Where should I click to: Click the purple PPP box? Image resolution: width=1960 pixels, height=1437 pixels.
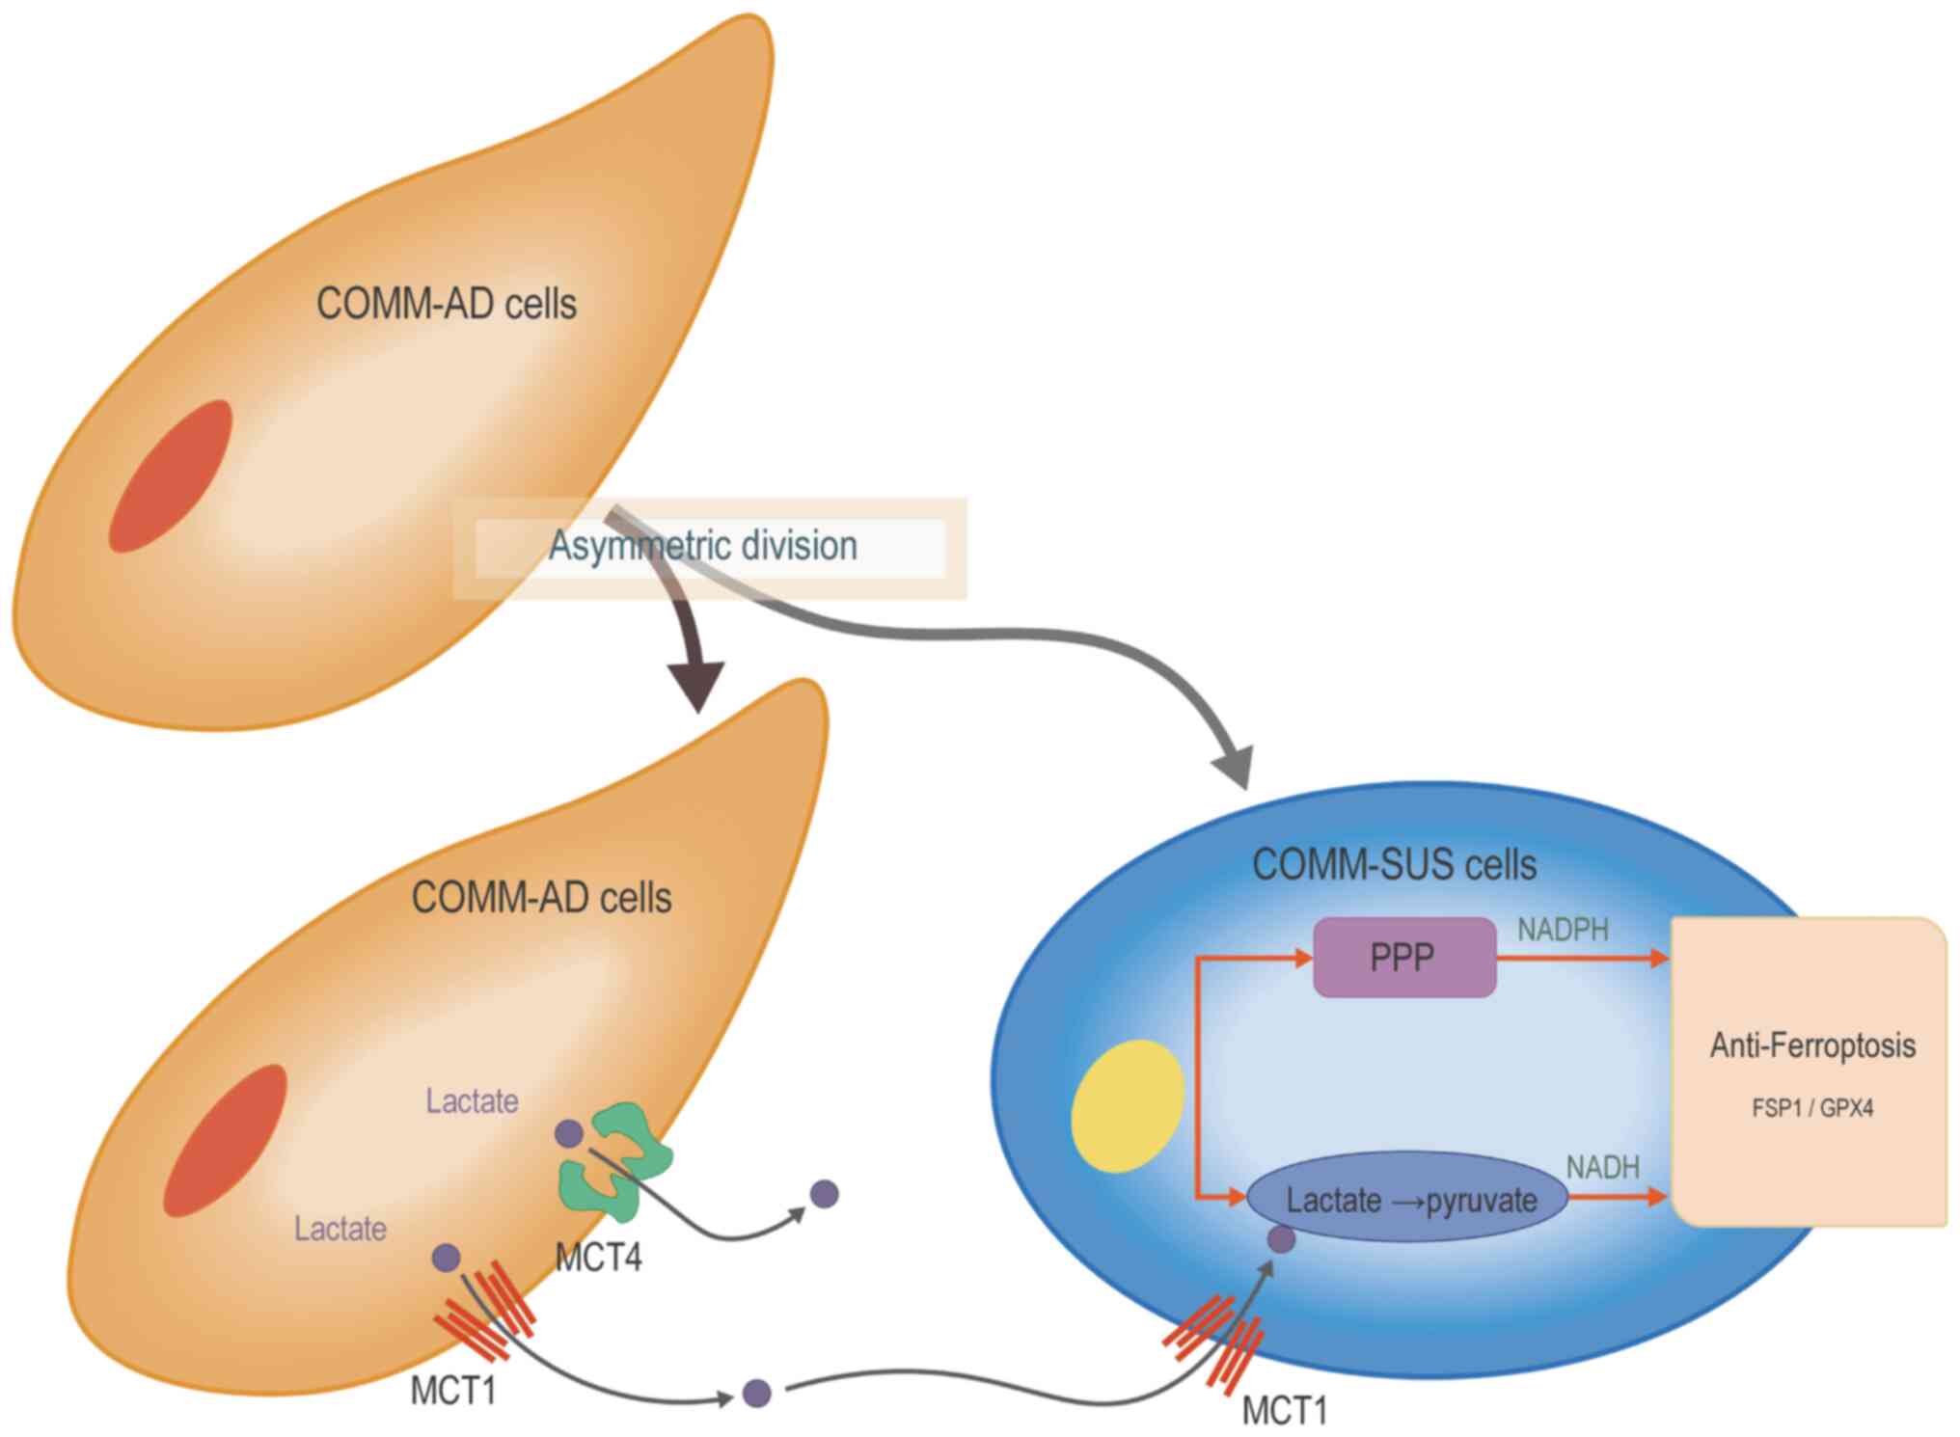(1403, 957)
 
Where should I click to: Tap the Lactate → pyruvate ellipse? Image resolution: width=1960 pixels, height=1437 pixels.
(1408, 1199)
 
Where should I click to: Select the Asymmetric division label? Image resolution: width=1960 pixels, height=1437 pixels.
(703, 546)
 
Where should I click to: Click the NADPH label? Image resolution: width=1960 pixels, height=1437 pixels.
(1563, 930)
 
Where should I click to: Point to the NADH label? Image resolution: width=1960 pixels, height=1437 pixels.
(1602, 1167)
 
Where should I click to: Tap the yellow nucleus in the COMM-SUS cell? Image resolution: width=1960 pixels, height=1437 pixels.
(1128, 1105)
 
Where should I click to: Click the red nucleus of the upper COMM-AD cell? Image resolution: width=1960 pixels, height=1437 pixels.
(171, 476)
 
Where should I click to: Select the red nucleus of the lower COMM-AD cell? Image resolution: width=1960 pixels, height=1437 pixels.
(225, 1140)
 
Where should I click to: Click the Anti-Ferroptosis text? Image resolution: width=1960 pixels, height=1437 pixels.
(1812, 1045)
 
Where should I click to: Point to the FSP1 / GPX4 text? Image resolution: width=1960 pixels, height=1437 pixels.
(1812, 1108)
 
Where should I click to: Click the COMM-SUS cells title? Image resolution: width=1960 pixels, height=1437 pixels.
(1394, 864)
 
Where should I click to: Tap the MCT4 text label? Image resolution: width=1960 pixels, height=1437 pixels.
(598, 1257)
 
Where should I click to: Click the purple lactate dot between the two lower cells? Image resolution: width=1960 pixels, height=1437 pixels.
(757, 1393)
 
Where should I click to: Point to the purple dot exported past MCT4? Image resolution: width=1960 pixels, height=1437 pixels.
(825, 1194)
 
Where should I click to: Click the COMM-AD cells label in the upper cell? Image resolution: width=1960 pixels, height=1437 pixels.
(446, 304)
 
